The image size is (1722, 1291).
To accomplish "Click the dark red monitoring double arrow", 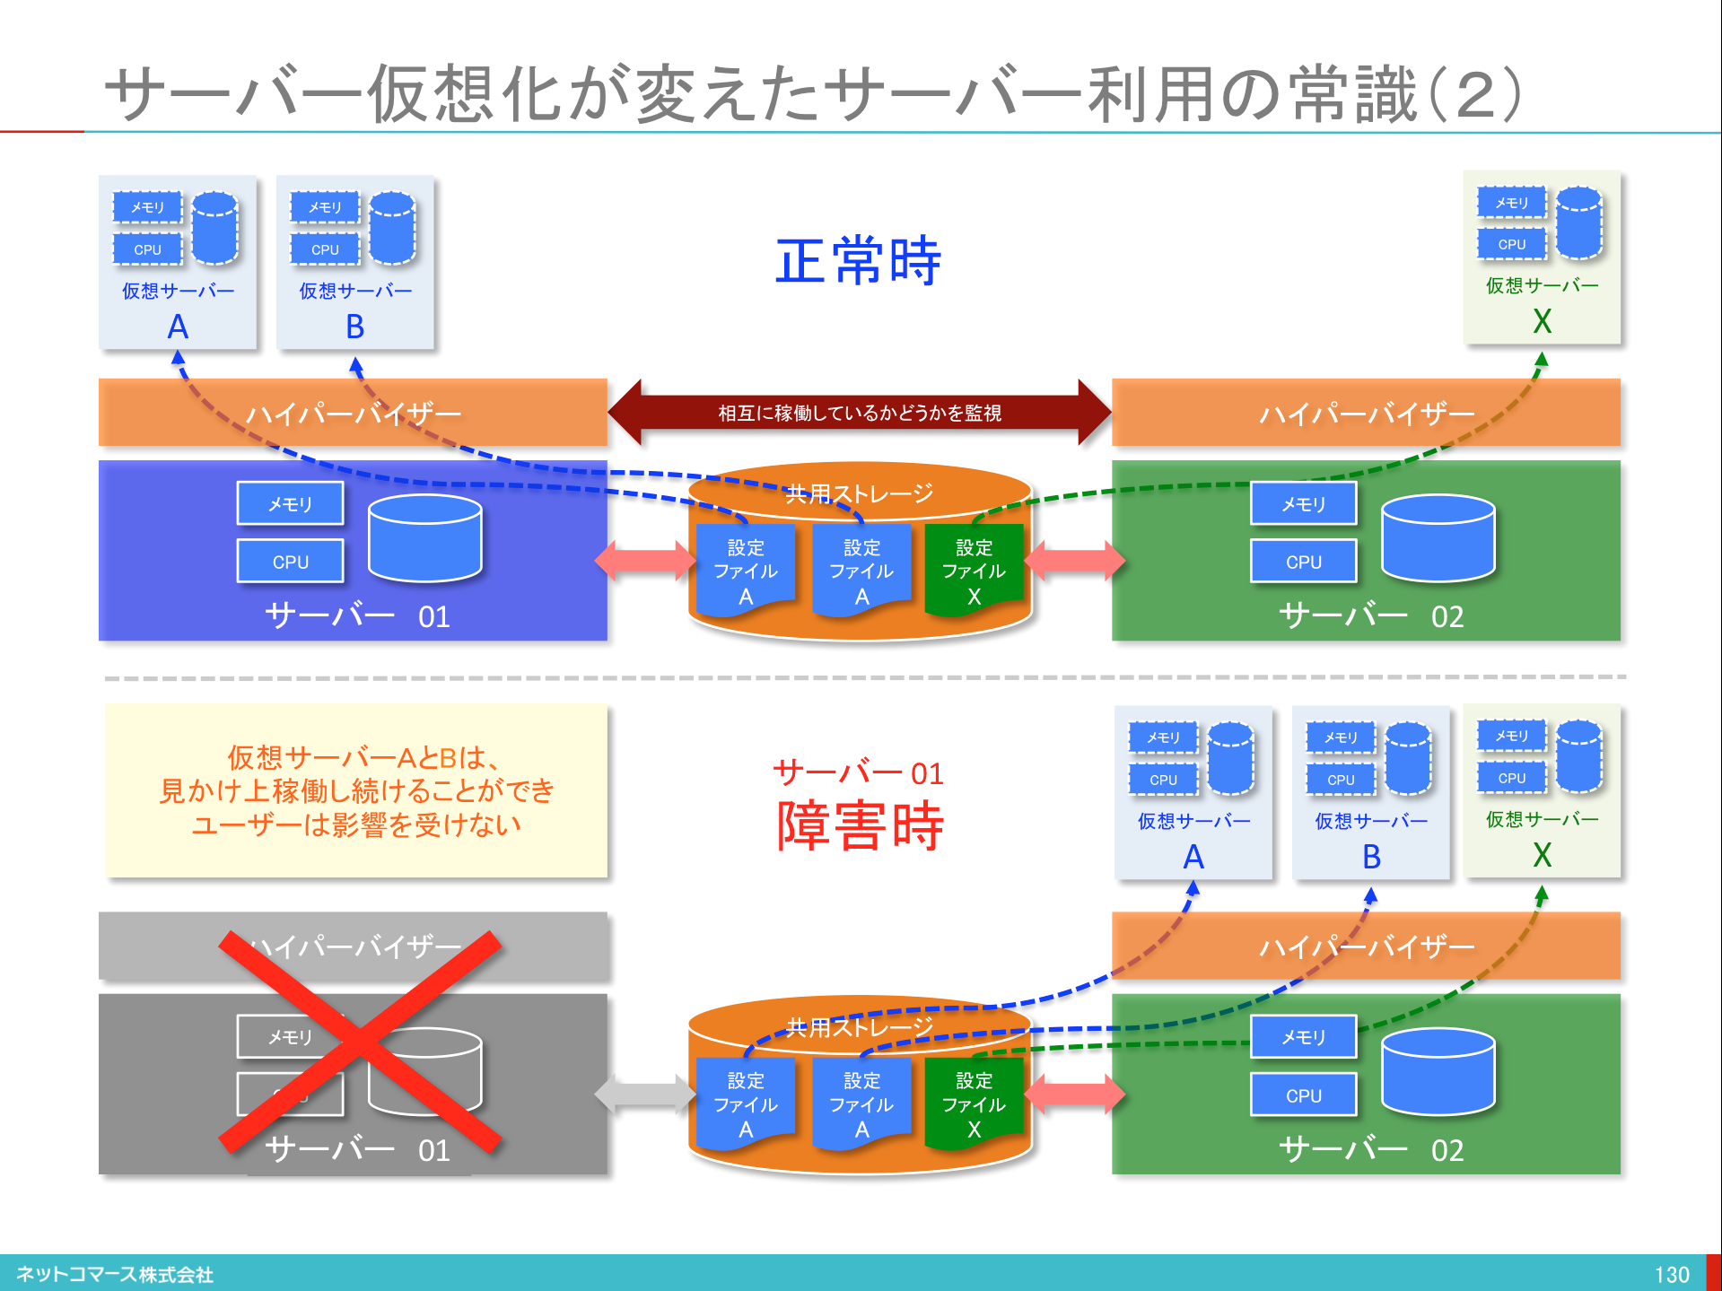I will pyautogui.click(x=859, y=413).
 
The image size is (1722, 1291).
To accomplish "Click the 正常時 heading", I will pyautogui.click(x=858, y=261).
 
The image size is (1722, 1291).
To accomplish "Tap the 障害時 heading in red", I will pyautogui.click(x=860, y=825).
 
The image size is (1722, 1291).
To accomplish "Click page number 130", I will pyautogui.click(x=1672, y=1274).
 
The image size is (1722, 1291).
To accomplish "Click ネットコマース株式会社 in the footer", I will pyautogui.click(x=115, y=1274).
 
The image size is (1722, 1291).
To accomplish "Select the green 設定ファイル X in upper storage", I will pyautogui.click(x=974, y=571).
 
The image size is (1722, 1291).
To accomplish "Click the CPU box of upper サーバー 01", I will pyautogui.click(x=290, y=562).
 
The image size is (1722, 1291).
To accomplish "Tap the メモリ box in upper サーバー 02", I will pyautogui.click(x=1303, y=504).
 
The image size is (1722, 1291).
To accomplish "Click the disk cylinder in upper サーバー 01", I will pyautogui.click(x=424, y=538).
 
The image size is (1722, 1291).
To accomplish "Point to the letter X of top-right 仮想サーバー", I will pyautogui.click(x=1542, y=321).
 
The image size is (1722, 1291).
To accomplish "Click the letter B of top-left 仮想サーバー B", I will pyautogui.click(x=355, y=327).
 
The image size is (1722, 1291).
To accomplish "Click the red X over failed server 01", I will pyautogui.click(x=359, y=1041).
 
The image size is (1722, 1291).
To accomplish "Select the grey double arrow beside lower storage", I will pyautogui.click(x=644, y=1094).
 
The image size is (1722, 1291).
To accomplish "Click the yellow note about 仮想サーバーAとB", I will pyautogui.click(x=356, y=790).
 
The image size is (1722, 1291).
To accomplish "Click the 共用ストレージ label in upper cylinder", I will pyautogui.click(x=859, y=493).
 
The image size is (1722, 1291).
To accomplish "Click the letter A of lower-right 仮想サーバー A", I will pyautogui.click(x=1193, y=857).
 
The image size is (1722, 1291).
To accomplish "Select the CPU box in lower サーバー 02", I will pyautogui.click(x=1303, y=1095).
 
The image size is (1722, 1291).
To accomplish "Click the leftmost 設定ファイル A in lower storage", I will pyautogui.click(x=745, y=1104).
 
